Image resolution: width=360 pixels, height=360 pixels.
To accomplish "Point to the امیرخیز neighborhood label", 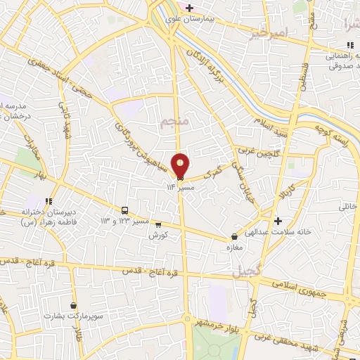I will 270,34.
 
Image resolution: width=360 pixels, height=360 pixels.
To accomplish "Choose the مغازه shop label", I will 234,249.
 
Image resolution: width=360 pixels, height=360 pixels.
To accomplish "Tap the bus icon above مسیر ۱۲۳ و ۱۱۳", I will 124,210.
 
